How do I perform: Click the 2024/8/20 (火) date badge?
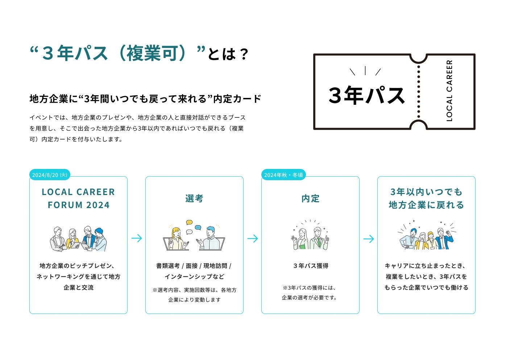click(50, 175)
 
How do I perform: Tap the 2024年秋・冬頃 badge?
click(283, 175)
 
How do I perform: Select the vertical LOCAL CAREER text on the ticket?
click(449, 91)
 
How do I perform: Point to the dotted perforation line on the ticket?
click(419, 92)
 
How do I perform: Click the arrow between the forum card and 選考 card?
click(137, 238)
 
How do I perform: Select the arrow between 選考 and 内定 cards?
click(253, 238)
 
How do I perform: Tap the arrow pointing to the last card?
click(369, 239)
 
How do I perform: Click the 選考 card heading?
click(194, 198)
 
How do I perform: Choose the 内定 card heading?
click(310, 198)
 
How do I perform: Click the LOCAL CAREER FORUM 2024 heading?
click(78, 198)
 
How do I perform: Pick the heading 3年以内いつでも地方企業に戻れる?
click(426, 198)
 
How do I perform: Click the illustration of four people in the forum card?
click(78, 239)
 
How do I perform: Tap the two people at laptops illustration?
click(194, 237)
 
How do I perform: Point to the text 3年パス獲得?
click(311, 266)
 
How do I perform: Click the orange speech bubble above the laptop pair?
click(189, 222)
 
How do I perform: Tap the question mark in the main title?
click(244, 54)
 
